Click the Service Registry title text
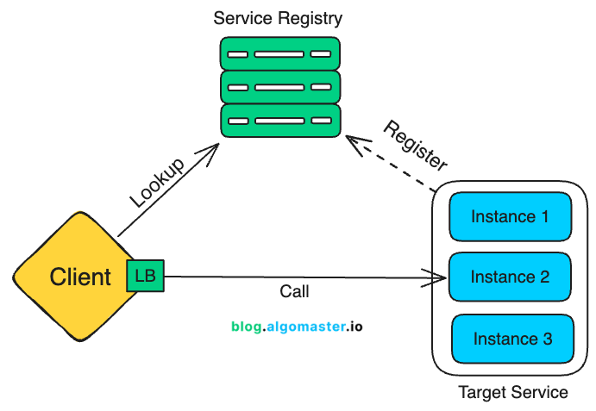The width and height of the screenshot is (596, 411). pyautogui.click(x=278, y=17)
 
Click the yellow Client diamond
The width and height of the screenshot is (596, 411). pyautogui.click(x=69, y=276)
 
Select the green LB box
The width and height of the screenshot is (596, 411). pyautogui.click(x=144, y=275)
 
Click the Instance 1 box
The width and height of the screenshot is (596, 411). pyautogui.click(x=510, y=216)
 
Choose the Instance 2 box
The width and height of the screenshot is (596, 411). pyautogui.click(x=510, y=277)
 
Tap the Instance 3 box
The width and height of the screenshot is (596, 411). pyautogui.click(x=512, y=339)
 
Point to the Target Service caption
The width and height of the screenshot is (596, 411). pyautogui.click(x=512, y=393)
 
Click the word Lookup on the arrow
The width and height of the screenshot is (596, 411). pyautogui.click(x=158, y=183)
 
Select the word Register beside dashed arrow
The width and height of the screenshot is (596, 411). pyautogui.click(x=416, y=145)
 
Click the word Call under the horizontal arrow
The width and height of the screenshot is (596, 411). pyautogui.click(x=294, y=292)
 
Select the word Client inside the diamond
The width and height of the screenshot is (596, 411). pyautogui.click(x=80, y=277)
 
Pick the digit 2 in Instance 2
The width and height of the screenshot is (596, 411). pyautogui.click(x=544, y=277)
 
